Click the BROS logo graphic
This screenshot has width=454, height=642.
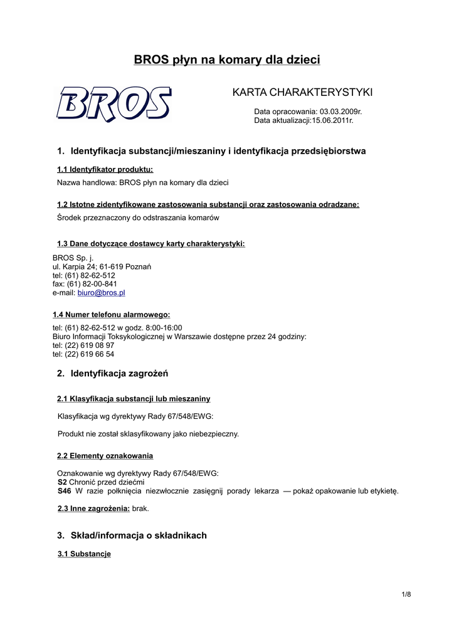click(x=113, y=103)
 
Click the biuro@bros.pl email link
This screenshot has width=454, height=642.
click(x=101, y=293)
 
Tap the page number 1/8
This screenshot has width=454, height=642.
click(x=406, y=594)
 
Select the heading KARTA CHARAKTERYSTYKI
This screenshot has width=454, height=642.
click(x=302, y=93)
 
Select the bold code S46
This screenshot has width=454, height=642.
click(x=64, y=491)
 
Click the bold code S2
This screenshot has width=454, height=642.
click(x=62, y=482)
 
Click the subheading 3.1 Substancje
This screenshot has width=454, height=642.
click(x=84, y=554)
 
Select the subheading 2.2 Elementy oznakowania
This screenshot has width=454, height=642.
click(x=105, y=456)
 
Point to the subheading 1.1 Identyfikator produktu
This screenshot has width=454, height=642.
click(x=105, y=169)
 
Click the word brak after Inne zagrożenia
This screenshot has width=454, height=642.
click(x=140, y=508)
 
